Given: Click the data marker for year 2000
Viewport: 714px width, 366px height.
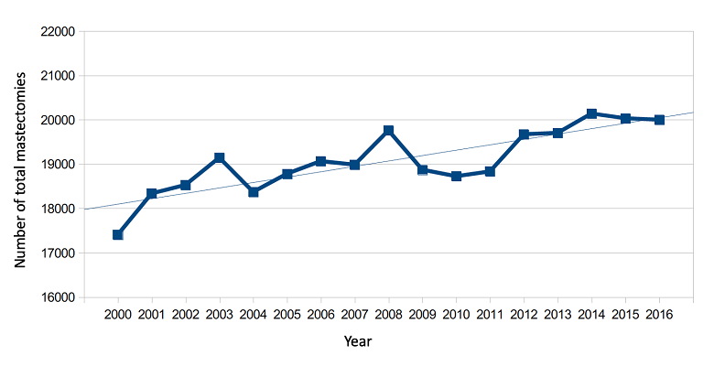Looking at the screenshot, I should pos(118,235).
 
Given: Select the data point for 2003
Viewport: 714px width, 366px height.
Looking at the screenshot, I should pos(220,158).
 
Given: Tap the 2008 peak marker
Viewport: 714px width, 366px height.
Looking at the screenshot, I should pos(389,131).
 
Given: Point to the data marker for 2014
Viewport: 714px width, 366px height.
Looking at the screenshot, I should pos(592,114).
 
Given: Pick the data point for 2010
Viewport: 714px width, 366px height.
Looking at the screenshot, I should pos(457,176).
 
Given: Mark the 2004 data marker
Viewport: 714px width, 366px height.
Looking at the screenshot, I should pos(254,192).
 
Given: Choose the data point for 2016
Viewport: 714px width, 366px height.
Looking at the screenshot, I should pos(659,120).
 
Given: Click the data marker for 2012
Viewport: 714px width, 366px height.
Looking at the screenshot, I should pos(525,135).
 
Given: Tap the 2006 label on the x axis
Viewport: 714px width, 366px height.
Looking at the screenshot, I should pos(321,314).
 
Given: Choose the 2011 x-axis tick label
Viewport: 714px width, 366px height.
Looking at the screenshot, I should pos(491,314).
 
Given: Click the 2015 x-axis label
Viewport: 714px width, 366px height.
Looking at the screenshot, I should pos(625,314).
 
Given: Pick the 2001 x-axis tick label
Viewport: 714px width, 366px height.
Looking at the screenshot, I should pos(152,314).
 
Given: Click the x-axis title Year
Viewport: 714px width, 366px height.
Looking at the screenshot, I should pos(358,342).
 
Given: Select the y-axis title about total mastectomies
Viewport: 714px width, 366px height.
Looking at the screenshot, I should pos(20,166).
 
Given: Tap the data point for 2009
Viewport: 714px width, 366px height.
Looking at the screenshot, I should pos(423,170).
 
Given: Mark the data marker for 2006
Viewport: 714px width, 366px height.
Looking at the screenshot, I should pos(321,162).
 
